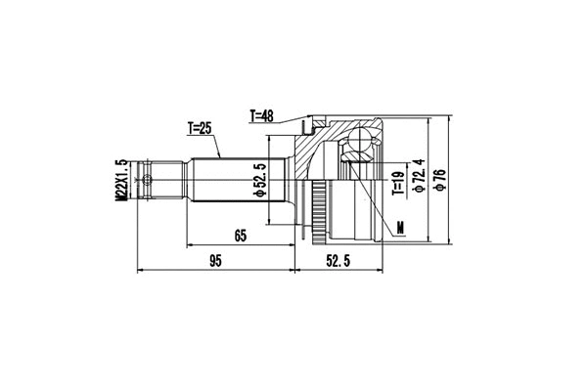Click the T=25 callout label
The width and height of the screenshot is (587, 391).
pos(201,128)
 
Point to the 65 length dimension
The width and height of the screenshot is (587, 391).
pos(240,235)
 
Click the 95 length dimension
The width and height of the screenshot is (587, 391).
pos(216,260)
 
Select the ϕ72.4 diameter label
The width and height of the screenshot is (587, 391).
pos(418,176)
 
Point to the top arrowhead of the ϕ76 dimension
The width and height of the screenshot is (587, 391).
pos(451,115)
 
